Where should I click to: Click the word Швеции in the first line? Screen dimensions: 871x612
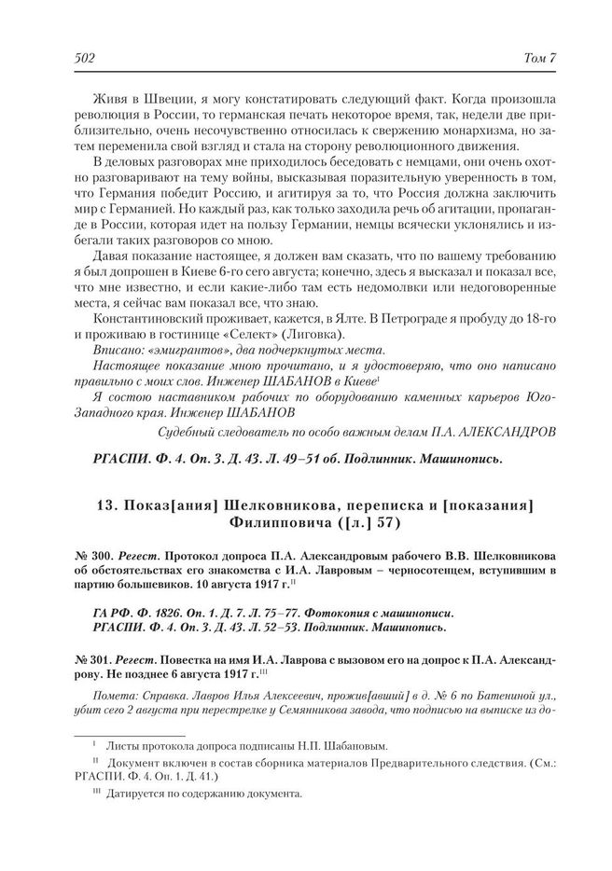coord(173,100)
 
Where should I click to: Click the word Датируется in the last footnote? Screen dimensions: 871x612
coord(139,795)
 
